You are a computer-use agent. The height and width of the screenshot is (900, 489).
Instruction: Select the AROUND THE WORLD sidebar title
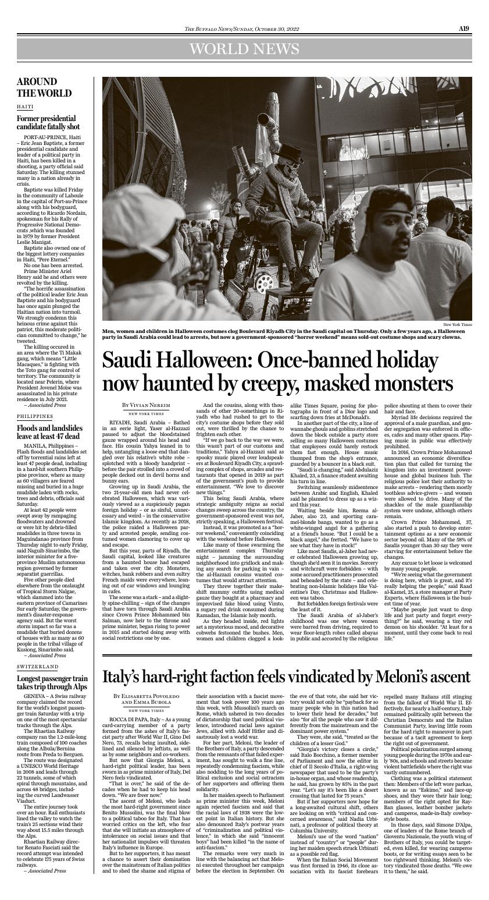(44, 87)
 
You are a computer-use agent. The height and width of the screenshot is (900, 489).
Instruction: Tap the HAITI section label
(25, 107)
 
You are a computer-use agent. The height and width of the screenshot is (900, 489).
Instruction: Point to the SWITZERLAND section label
(37, 666)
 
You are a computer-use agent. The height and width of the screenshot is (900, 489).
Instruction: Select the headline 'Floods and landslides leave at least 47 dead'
(50, 432)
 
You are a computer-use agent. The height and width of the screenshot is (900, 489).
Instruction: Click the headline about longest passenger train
(52, 682)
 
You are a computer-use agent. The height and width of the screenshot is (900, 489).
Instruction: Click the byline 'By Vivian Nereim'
(146, 405)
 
